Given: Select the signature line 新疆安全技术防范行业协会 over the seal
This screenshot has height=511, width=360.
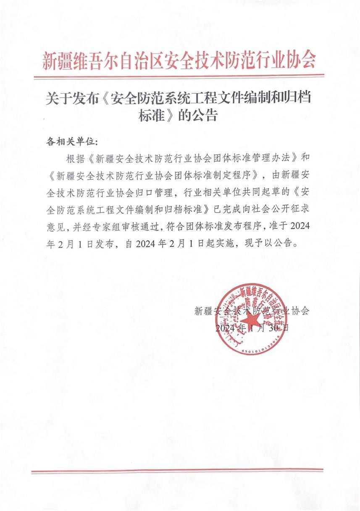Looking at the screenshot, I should [x=252, y=311].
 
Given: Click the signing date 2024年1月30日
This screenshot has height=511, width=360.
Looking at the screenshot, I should [x=252, y=328].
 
